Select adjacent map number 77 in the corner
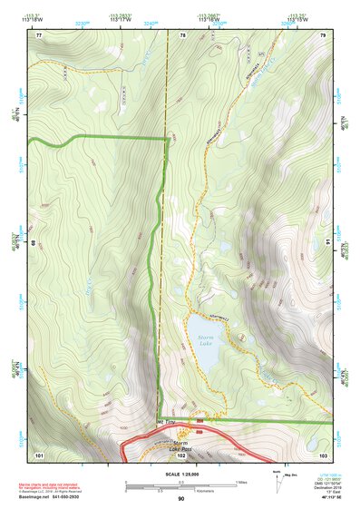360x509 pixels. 39,34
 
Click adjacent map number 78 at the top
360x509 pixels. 182,34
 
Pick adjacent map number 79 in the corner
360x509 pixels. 323,34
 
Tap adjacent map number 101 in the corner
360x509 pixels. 39,454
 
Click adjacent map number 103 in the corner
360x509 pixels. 323,454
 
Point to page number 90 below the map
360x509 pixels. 180,499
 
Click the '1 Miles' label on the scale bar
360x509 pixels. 239,481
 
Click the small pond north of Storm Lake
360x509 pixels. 223,246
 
